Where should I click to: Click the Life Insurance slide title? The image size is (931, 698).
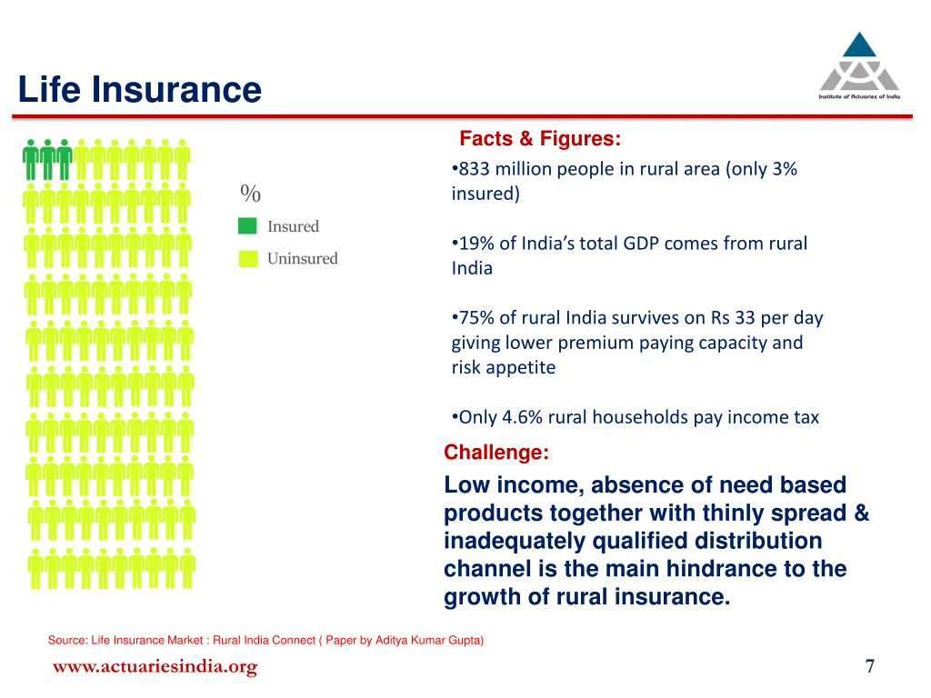[x=139, y=90]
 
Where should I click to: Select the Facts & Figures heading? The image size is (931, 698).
[x=540, y=139]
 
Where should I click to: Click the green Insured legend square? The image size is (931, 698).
[x=247, y=226]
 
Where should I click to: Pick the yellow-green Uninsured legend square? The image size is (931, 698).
[x=247, y=259]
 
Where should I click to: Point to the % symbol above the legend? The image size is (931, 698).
[x=250, y=194]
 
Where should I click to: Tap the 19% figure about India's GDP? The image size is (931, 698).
[x=476, y=244]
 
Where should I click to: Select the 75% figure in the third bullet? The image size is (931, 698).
[x=476, y=318]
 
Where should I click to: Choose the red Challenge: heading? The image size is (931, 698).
[x=496, y=453]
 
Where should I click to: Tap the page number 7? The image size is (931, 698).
[x=870, y=666]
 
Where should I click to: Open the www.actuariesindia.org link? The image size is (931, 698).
[x=155, y=667]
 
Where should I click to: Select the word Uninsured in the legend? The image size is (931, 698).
[x=302, y=259]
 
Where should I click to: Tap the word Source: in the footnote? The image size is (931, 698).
[x=67, y=641]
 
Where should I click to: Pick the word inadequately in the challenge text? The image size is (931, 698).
[x=515, y=542]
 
